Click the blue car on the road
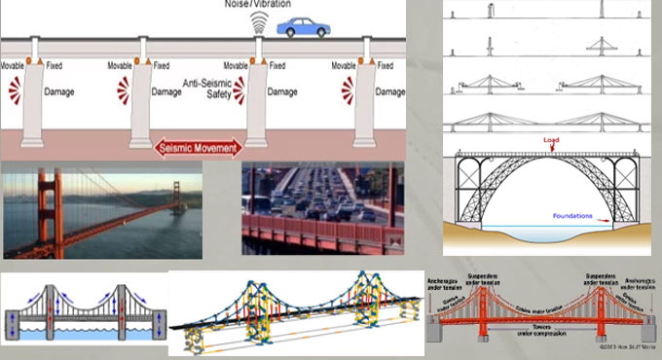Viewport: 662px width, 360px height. pyautogui.click(x=302, y=26)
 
